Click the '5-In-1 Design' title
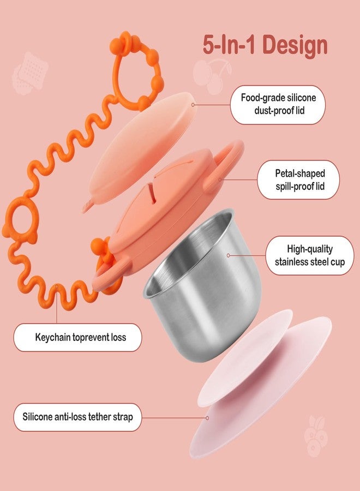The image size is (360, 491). (x=265, y=45)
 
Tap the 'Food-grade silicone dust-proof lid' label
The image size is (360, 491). (x=278, y=104)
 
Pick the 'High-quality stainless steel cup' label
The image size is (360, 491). (x=310, y=255)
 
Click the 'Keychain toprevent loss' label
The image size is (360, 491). (x=77, y=337)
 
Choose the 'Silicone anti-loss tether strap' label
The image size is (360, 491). (x=77, y=417)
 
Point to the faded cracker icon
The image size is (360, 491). (x=30, y=74)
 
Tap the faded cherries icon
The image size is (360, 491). (x=212, y=76)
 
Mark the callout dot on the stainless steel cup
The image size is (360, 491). (x=228, y=255)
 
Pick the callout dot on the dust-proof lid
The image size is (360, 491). (x=193, y=105)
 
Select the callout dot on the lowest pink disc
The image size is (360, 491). (x=207, y=418)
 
